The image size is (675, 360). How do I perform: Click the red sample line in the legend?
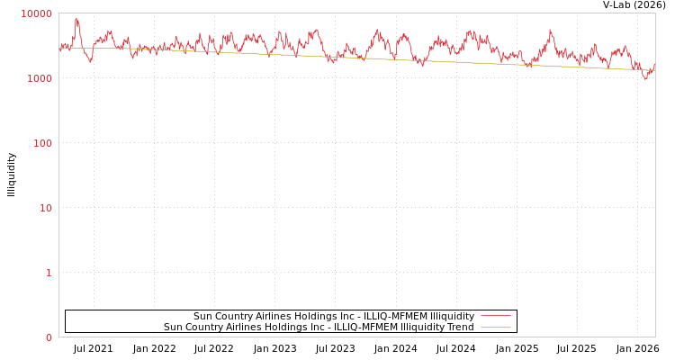[495, 316]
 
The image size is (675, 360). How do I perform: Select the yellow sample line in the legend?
[495, 327]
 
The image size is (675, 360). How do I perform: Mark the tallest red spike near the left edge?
[76, 19]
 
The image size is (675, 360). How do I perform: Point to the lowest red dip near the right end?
[644, 79]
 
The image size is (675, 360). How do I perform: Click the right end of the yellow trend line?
[654, 70]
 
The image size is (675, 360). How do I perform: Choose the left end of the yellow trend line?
[60, 48]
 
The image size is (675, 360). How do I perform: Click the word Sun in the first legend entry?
[202, 316]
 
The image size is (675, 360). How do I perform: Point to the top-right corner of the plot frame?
[655, 13]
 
